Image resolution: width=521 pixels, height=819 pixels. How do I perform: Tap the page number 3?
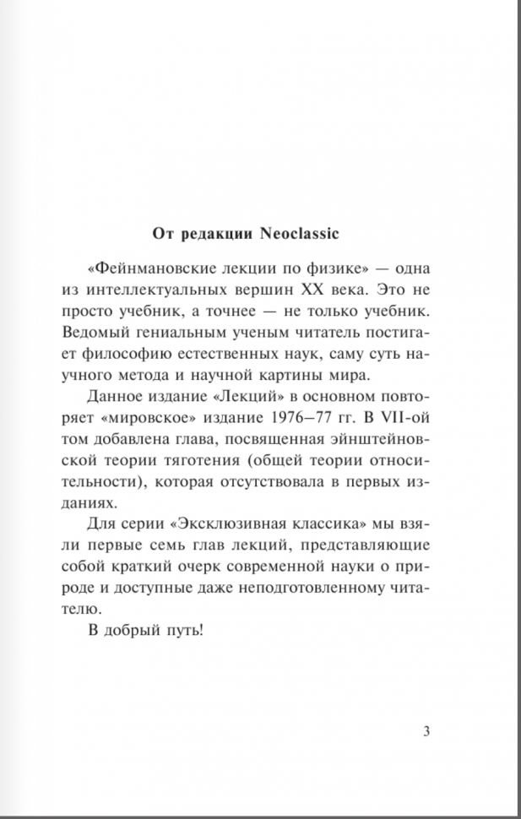[x=426, y=731]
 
